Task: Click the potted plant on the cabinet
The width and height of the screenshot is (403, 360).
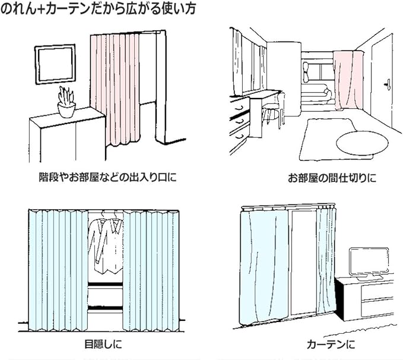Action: [66, 102]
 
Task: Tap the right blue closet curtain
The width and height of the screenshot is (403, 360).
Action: [150, 270]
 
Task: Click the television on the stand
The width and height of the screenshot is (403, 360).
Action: [367, 263]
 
